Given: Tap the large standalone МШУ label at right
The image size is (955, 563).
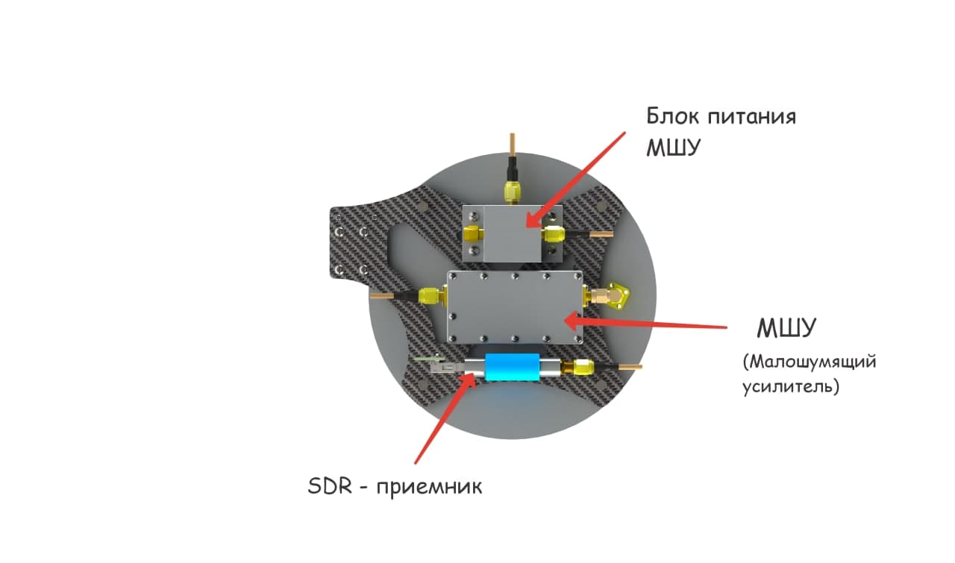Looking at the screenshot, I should click(x=786, y=328).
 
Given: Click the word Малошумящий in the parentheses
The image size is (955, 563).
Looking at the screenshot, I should click(x=810, y=363).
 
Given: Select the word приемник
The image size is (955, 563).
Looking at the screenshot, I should click(x=429, y=488).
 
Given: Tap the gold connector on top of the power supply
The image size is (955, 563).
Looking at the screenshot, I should click(x=512, y=191).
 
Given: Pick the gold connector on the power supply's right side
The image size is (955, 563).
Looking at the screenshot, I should click(x=554, y=235).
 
